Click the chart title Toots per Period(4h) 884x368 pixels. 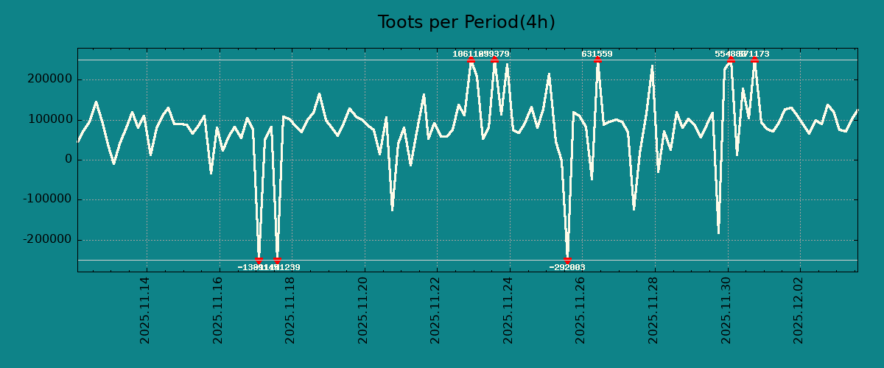pyautogui.click(x=466, y=22)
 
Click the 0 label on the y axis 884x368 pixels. pyautogui.click(x=69, y=160)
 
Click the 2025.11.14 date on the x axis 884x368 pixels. pyautogui.click(x=145, y=310)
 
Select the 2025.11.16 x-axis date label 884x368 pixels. pyautogui.click(x=218, y=310)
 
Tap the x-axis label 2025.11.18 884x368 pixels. pyautogui.click(x=290, y=310)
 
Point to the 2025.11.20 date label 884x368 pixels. pyautogui.click(x=363, y=310)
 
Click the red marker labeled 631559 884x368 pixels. pyautogui.click(x=597, y=60)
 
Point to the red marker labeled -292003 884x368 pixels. pyautogui.click(x=567, y=260)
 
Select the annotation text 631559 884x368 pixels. pyautogui.click(x=597, y=54)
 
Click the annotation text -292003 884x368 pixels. pyautogui.click(x=567, y=267)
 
